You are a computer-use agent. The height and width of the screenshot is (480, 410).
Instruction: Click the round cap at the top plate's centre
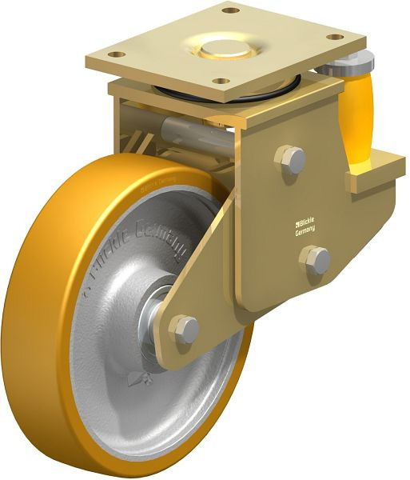point(226,50)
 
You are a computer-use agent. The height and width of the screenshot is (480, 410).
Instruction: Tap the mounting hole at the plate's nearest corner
point(217,80)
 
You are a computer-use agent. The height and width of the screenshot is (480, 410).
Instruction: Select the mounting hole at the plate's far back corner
point(230,11)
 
